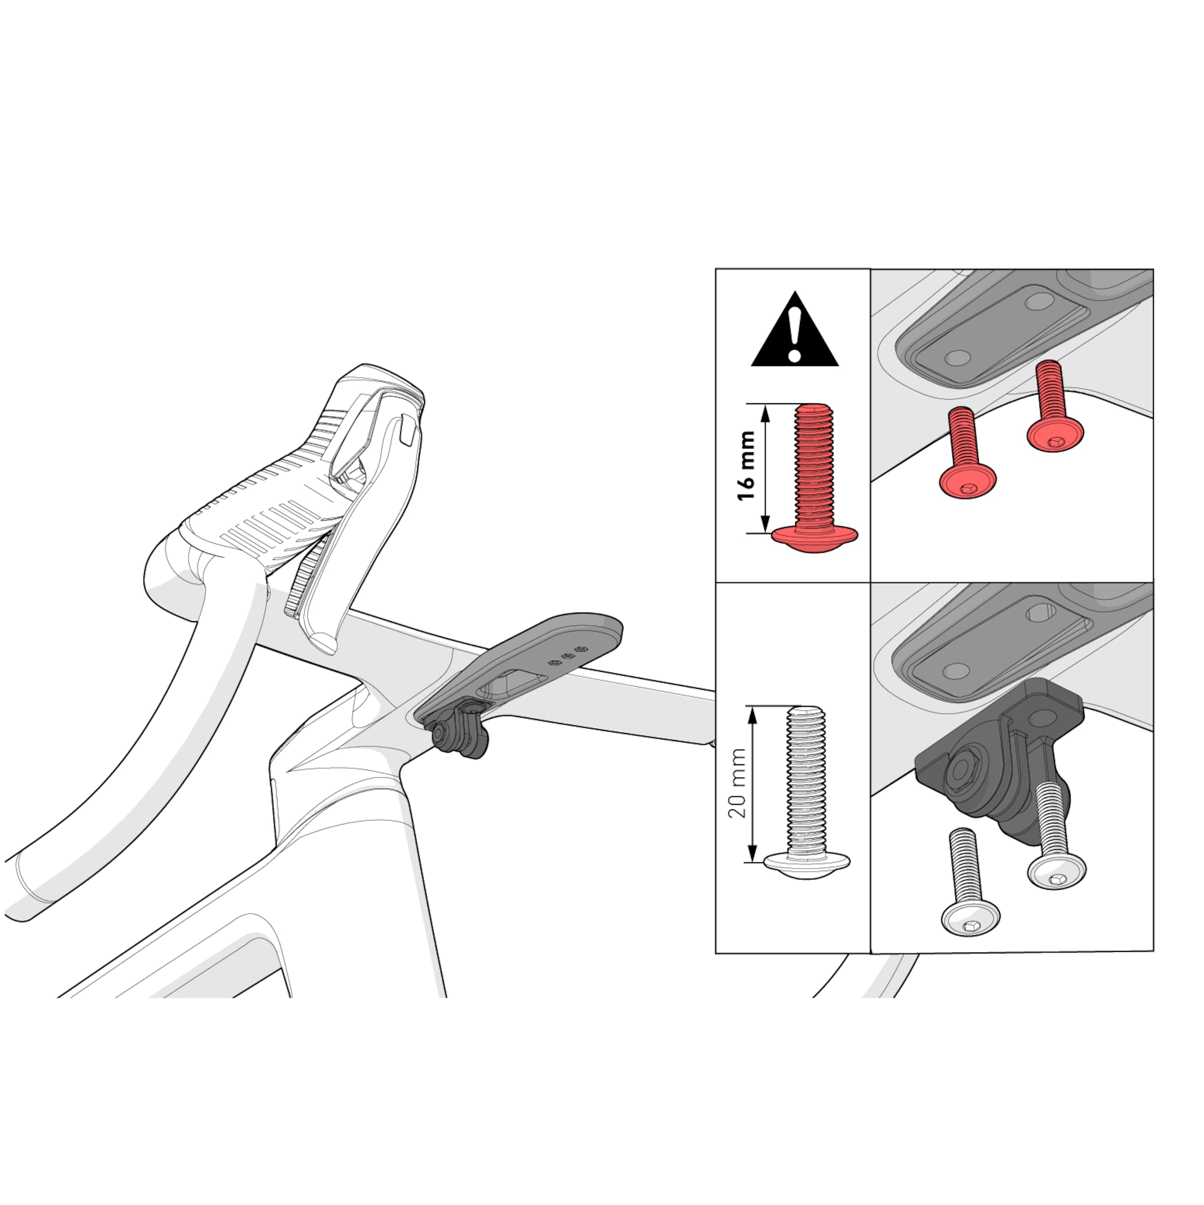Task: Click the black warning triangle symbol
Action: click(x=795, y=332)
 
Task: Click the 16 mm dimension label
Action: click(x=746, y=465)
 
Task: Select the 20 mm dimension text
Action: click(x=738, y=783)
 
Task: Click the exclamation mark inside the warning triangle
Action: click(x=794, y=334)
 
